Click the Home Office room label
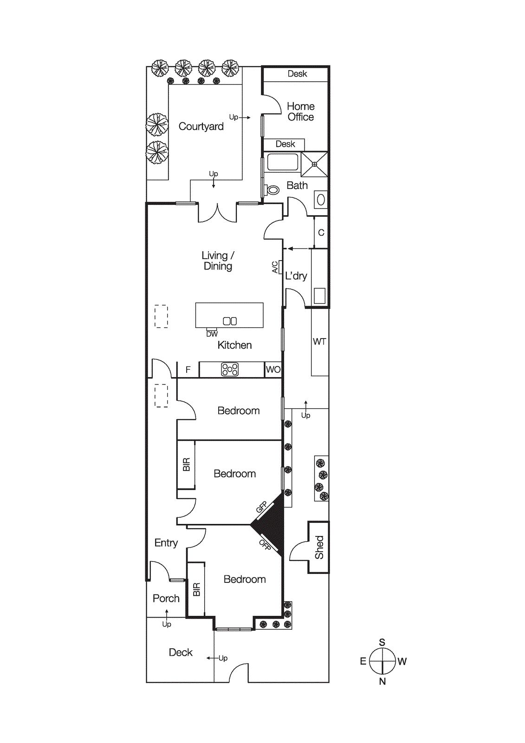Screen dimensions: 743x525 300,112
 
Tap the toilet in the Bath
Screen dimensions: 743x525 273,189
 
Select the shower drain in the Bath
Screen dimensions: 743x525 314,164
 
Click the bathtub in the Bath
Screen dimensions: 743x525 282,162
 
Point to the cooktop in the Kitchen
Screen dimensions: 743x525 230,370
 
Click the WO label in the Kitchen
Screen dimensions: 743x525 273,370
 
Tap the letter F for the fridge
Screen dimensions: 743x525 188,370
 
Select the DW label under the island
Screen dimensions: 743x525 212,334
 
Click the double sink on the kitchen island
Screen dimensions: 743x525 230,321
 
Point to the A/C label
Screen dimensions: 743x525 275,267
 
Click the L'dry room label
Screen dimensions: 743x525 296,276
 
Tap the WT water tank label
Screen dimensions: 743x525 319,342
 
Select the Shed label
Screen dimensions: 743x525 319,547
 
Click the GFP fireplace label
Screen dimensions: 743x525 262,507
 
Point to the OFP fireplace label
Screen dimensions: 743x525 265,545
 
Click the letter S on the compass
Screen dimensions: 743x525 382,642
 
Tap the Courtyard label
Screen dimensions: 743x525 201,126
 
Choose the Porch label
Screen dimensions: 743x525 166,598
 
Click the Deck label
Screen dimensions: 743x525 181,652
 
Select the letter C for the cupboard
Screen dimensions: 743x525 321,233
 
